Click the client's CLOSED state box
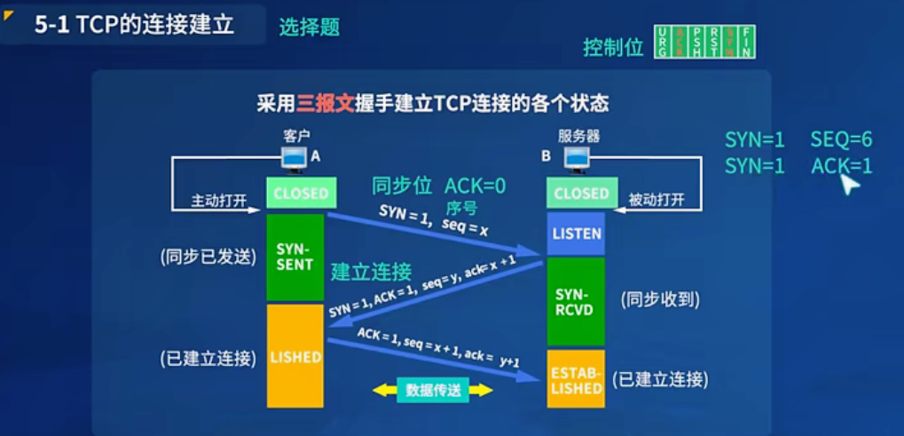pyautogui.click(x=301, y=194)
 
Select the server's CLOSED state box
pyautogui.click(x=581, y=194)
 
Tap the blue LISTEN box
pyautogui.click(x=576, y=234)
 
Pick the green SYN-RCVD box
pyautogui.click(x=576, y=301)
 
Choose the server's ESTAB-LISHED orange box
pyautogui.click(x=576, y=379)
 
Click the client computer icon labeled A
pyautogui.click(x=294, y=157)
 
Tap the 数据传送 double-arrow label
pyautogui.click(x=432, y=390)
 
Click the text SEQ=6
pyautogui.click(x=841, y=139)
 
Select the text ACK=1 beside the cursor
pyautogui.click(x=841, y=166)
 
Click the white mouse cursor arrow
pyautogui.click(x=849, y=184)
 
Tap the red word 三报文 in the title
pyautogui.click(x=324, y=103)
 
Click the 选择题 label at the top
pyautogui.click(x=310, y=28)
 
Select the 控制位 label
pyautogui.click(x=613, y=47)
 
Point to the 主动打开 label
pyautogui.click(x=218, y=200)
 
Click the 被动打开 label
pyautogui.click(x=656, y=200)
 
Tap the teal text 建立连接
pyautogui.click(x=371, y=271)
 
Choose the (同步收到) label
pyautogui.click(x=660, y=300)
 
